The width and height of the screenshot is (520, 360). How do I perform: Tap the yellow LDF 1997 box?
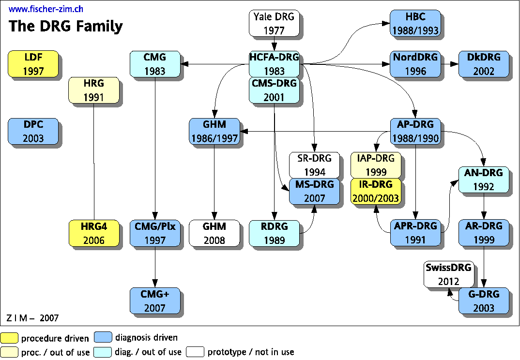33,64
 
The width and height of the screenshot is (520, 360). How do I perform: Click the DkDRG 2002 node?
484,64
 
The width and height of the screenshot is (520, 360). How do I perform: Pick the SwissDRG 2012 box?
448,274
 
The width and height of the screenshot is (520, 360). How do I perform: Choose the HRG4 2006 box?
93,233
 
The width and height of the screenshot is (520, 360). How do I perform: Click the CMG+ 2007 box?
154,300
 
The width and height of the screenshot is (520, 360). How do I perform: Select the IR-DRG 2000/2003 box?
376,191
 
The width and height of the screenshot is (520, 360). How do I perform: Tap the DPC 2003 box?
33,131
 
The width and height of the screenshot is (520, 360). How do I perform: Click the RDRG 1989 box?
274,233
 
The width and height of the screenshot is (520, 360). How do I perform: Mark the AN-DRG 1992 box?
483,180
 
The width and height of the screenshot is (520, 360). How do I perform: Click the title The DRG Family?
66,26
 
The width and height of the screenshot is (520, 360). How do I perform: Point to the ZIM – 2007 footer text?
32,318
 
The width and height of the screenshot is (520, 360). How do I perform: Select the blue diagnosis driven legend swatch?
103,338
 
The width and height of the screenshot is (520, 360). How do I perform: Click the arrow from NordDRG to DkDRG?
450,64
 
